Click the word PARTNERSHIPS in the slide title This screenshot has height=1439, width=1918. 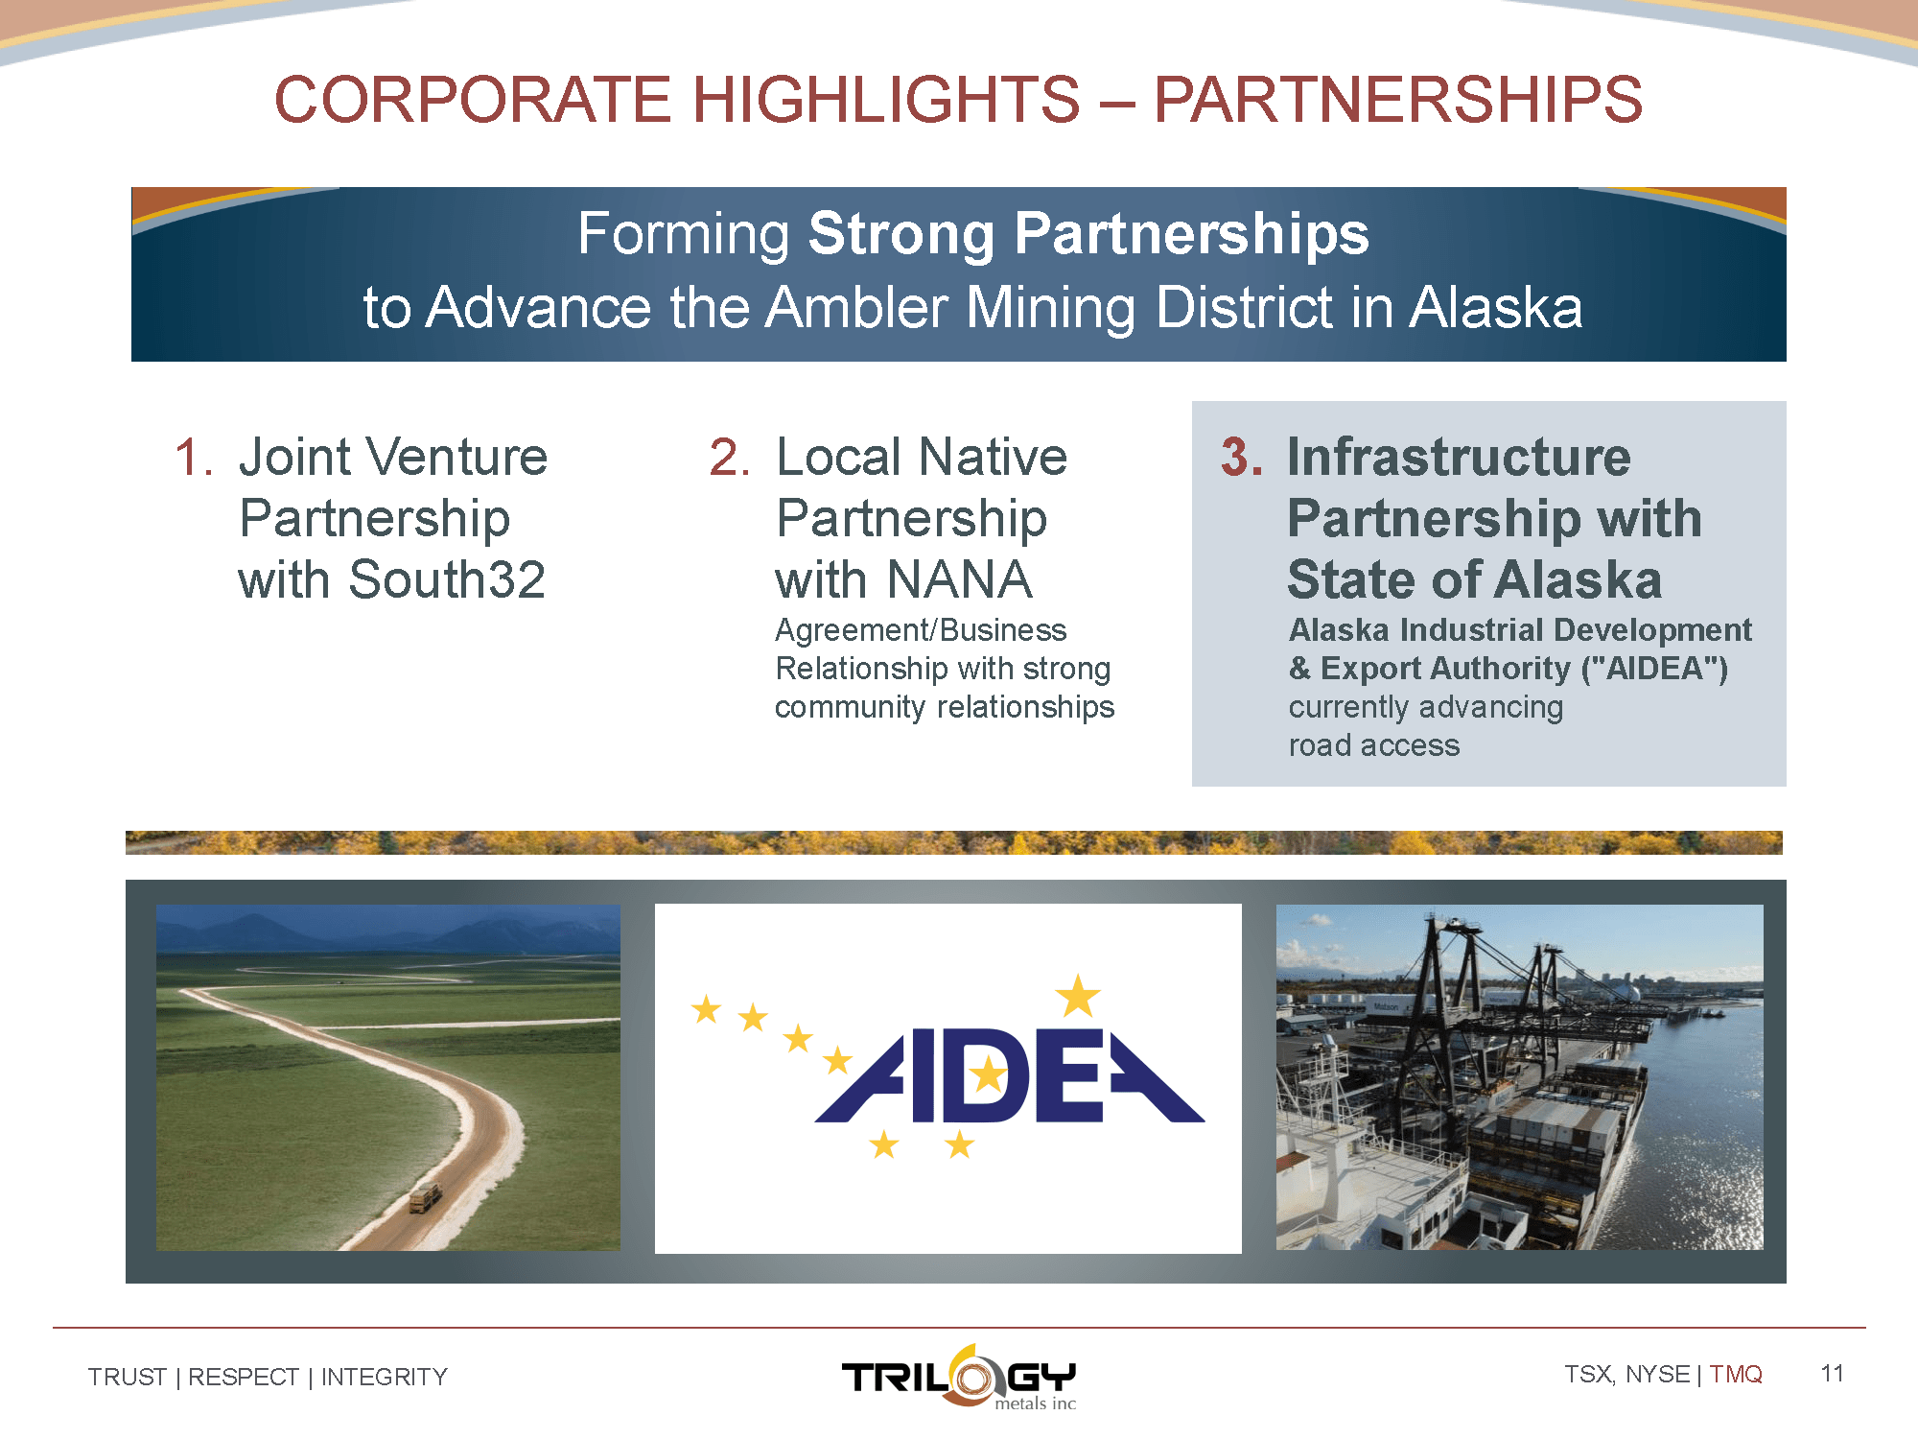click(x=1397, y=99)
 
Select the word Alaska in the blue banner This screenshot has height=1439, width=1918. click(x=1496, y=307)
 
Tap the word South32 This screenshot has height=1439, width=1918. click(x=447, y=579)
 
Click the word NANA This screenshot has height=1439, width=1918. click(x=959, y=579)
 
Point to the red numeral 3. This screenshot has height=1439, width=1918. click(x=1241, y=457)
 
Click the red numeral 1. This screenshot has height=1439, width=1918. click(x=194, y=457)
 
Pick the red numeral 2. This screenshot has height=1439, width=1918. click(x=730, y=457)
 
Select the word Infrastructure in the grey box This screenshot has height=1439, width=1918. click(x=1459, y=457)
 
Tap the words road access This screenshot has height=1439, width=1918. click(x=1374, y=745)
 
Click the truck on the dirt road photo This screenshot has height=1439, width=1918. click(x=425, y=1197)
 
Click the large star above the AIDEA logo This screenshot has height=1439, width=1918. click(x=1078, y=995)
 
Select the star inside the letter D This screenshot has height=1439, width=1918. click(x=988, y=1075)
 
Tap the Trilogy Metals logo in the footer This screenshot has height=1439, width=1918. click(x=959, y=1378)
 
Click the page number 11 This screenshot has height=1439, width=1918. click(x=1832, y=1374)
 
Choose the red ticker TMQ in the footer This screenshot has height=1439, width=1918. click(x=1736, y=1375)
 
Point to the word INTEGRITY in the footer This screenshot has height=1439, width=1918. click(x=385, y=1378)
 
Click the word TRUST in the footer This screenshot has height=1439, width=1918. click(x=128, y=1378)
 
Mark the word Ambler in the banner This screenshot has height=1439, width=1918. click(x=858, y=307)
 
